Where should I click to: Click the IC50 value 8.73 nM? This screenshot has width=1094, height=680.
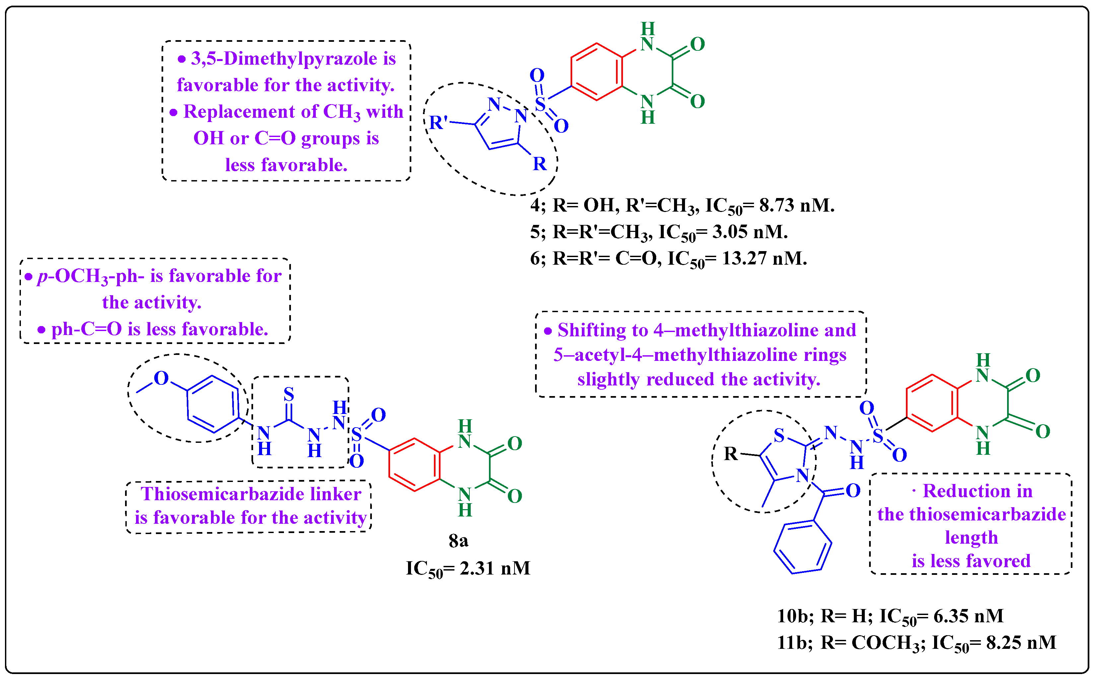click(796, 206)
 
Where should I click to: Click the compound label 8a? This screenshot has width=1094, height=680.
click(458, 541)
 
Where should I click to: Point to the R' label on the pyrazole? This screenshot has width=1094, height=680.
click(439, 122)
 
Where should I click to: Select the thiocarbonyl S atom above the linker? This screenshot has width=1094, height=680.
click(289, 394)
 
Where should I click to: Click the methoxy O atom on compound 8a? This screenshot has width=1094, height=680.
click(161, 378)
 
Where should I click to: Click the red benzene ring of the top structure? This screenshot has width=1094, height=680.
click(597, 72)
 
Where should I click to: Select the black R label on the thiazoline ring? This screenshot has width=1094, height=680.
click(731, 454)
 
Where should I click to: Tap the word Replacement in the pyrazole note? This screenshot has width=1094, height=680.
click(239, 111)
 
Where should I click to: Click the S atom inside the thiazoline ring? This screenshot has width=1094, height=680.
click(779, 435)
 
